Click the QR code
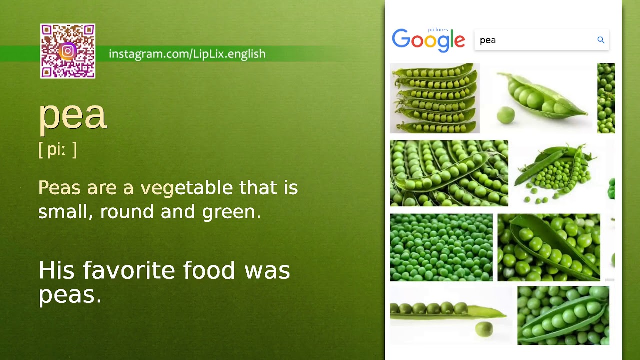68,51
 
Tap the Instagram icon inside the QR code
68,51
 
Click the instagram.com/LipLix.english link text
187,54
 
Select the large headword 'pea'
72,115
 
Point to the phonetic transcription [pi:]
57,150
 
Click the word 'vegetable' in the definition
186,188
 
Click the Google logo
428,41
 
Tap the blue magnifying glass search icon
601,40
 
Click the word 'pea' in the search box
488,41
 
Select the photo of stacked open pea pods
434,98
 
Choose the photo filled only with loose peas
441,247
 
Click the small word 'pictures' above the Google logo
438,30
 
